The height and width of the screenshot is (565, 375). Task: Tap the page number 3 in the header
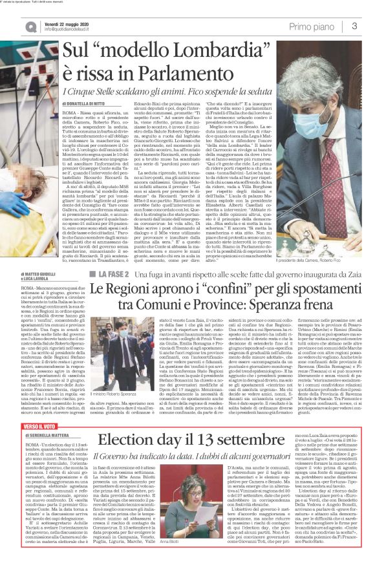(x=354, y=27)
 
